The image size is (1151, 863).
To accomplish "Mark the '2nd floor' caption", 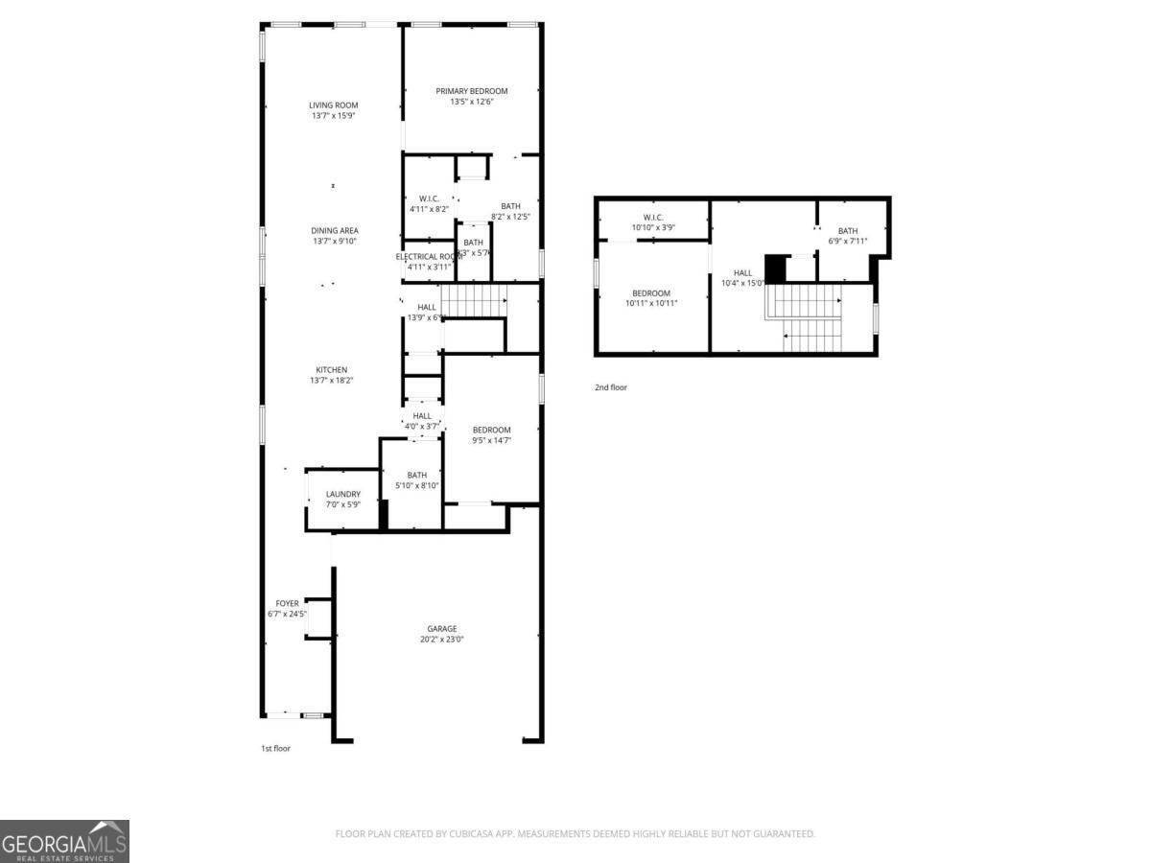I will [610, 387].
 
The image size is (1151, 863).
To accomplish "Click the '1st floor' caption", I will [275, 748].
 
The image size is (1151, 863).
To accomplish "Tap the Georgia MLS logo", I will [64, 841].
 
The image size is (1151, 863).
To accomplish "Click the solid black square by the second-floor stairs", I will [774, 268].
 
